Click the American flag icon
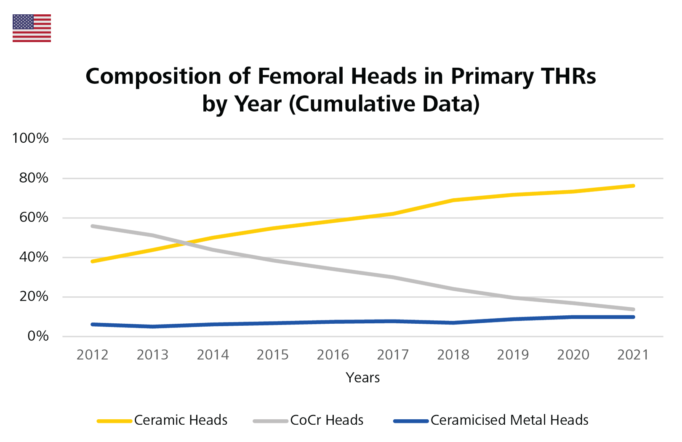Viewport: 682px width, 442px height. click(32, 28)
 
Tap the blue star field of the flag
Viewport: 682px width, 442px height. click(23, 22)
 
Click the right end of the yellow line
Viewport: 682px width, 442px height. click(637, 192)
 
